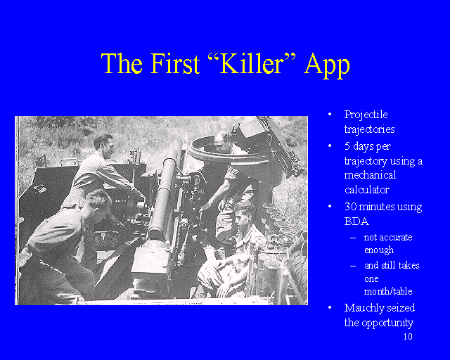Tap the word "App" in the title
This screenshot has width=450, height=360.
point(327,65)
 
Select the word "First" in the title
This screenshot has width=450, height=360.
point(175,63)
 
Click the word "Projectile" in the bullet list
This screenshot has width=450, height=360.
point(366,115)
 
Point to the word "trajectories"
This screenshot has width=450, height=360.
point(369,129)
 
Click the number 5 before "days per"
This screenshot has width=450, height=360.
point(347,146)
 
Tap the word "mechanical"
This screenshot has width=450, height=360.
point(371,175)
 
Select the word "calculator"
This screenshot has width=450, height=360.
point(367,190)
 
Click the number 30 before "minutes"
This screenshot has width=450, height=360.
point(351,207)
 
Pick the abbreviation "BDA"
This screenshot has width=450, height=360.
point(356,221)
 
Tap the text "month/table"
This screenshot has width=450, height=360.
point(388,291)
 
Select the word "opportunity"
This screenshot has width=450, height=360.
point(387,323)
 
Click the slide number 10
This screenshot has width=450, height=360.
point(408,337)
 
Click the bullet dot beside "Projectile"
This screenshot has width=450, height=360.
point(330,114)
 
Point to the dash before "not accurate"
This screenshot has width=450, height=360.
point(353,238)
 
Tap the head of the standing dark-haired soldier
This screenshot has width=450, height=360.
point(103,146)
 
